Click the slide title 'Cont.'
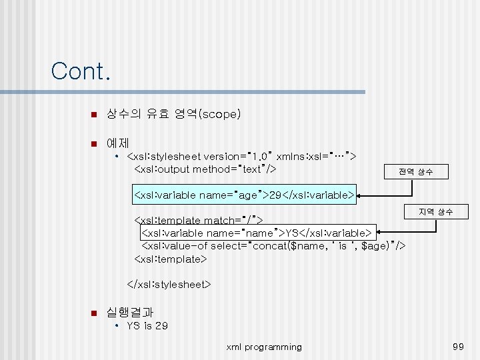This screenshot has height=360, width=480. (x=80, y=71)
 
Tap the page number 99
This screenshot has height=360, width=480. (x=457, y=347)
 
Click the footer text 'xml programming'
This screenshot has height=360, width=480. (x=264, y=347)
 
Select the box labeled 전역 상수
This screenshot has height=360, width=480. (x=415, y=171)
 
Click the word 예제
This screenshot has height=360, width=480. (x=117, y=143)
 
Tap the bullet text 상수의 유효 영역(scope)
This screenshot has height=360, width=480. (x=173, y=114)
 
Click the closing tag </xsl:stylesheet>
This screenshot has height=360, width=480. (x=169, y=285)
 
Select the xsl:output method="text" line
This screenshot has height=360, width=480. (x=205, y=169)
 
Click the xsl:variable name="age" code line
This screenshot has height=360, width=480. (x=244, y=195)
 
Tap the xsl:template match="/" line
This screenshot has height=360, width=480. (x=199, y=220)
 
